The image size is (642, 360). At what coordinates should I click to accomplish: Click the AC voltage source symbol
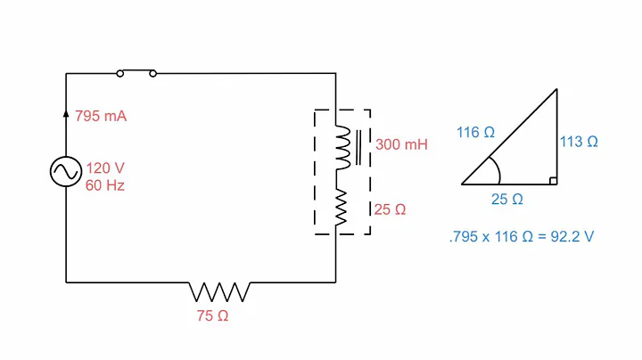coord(67,173)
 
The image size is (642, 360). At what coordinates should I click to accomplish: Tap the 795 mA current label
coord(100,117)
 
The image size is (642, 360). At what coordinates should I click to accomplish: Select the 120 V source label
coord(105,168)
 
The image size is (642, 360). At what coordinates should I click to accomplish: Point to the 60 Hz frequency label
coord(105,185)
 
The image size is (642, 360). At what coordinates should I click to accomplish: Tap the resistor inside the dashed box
coord(341,207)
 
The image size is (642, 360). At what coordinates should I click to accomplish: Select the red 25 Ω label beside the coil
coord(390,210)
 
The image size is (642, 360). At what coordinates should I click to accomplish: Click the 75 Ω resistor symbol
coord(219,291)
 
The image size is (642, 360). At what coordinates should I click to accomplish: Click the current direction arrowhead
coord(67,113)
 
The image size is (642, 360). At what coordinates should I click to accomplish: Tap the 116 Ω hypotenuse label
coord(475,133)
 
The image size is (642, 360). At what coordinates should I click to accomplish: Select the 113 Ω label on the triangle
coord(579,141)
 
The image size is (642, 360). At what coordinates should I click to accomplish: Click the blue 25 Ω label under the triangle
coord(506,200)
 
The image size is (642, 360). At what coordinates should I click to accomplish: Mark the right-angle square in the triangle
coord(554,180)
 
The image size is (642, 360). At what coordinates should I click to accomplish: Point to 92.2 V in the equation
coord(575,238)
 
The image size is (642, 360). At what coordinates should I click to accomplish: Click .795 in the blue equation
coord(462,238)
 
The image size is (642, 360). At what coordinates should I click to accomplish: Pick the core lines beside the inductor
coord(358,148)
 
